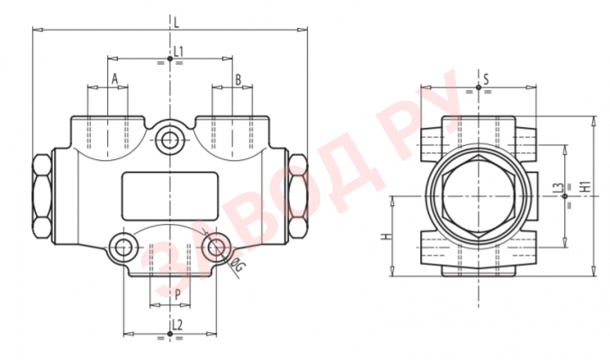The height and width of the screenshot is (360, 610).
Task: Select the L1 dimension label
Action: coord(178,51)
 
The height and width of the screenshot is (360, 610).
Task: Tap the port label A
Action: coord(114,80)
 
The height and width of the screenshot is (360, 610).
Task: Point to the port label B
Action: coord(238,80)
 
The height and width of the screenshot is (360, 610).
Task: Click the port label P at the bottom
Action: coord(177,294)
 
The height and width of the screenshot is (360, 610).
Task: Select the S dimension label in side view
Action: coord(485,80)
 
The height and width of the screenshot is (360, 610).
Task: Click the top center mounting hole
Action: coord(168,139)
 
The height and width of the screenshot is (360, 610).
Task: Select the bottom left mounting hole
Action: coord(121,246)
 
